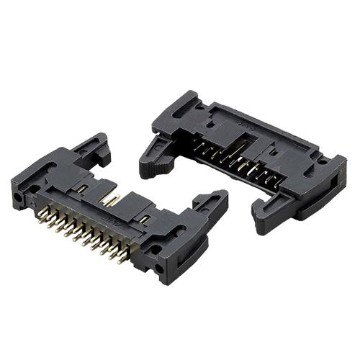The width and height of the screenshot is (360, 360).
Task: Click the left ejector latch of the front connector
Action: (92, 148)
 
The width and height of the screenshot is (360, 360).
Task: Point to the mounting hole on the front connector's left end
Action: (17, 196)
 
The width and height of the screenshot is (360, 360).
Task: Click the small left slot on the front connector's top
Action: (83, 189)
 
